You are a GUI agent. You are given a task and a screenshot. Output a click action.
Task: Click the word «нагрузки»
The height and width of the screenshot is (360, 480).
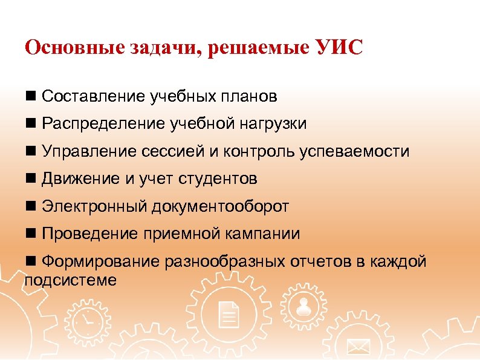[273, 125]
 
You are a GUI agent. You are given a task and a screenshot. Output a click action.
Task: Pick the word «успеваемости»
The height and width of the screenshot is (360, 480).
[354, 152]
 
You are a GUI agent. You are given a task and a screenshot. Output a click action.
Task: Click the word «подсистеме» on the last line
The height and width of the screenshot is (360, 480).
[70, 280]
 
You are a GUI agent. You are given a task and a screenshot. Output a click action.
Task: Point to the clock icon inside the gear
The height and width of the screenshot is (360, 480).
[88, 320]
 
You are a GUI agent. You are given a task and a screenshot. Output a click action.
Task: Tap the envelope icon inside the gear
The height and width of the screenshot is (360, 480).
[358, 347]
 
